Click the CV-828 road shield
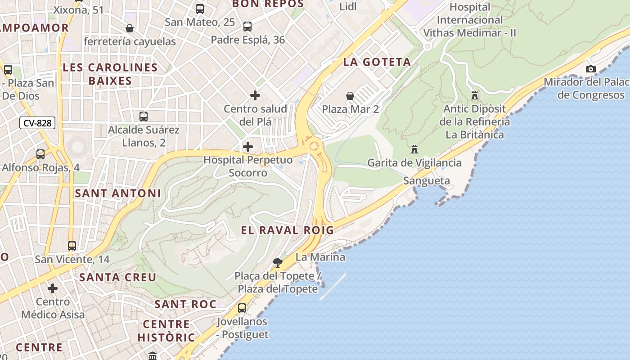(x=37, y=123)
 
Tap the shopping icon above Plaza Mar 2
(x=350, y=96)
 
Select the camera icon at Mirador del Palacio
(x=590, y=69)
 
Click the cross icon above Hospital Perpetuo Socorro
(x=248, y=147)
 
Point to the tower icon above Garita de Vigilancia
(x=414, y=149)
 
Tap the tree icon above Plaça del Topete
(x=278, y=262)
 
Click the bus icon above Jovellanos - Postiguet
(x=242, y=308)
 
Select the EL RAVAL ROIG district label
(x=288, y=230)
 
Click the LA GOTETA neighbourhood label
(x=377, y=62)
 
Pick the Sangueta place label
(x=427, y=181)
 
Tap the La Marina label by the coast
(x=320, y=257)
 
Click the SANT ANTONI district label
(x=118, y=193)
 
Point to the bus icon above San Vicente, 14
(x=72, y=246)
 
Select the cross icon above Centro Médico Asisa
(x=53, y=288)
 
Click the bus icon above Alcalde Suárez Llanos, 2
(x=144, y=117)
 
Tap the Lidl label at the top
(x=348, y=6)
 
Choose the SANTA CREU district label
(x=118, y=277)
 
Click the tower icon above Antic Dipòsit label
(x=475, y=95)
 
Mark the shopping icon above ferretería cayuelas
(x=130, y=28)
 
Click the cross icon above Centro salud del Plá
(x=255, y=95)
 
